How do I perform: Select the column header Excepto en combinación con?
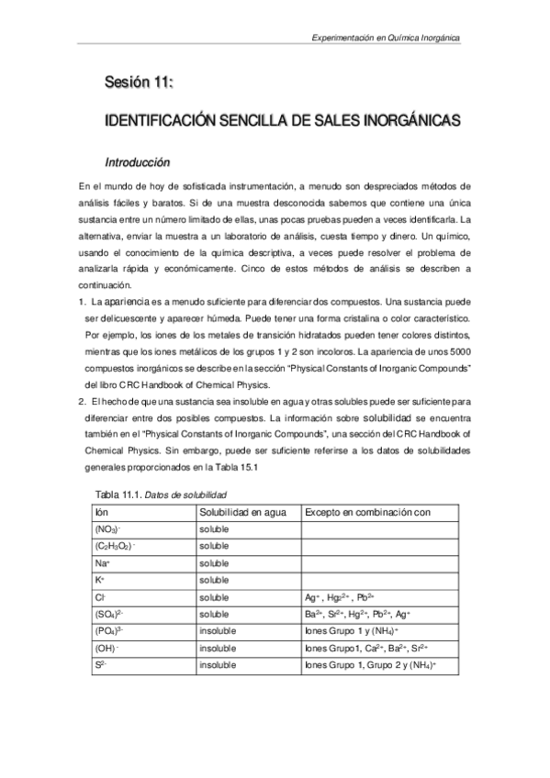367,512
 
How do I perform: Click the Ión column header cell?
102,512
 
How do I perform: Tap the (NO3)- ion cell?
107,529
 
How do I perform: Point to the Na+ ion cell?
103,563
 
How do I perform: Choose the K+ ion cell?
100,580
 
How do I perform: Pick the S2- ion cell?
100,664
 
